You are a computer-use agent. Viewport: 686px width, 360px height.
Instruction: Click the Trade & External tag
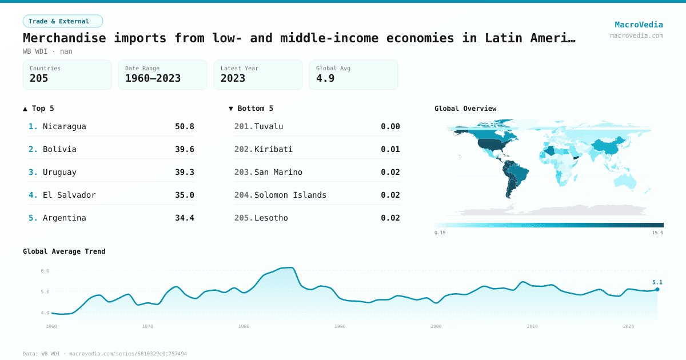point(63,21)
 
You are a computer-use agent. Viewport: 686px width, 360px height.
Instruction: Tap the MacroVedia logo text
point(639,25)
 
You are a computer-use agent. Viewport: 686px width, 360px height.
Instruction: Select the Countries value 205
point(39,78)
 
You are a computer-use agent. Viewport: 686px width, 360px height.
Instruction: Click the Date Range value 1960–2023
point(153,78)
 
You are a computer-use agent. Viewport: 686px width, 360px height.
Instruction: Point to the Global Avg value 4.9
point(324,78)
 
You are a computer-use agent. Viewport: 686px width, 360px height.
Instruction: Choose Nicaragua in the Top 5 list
point(64,126)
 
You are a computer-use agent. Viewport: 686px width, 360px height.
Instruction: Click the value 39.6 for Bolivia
point(184,149)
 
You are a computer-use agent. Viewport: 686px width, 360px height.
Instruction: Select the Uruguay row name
point(59,172)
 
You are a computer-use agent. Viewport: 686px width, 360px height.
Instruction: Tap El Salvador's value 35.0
point(184,195)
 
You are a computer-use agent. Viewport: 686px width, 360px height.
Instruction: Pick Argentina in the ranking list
point(64,218)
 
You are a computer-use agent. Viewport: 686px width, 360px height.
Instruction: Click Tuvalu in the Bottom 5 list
point(269,126)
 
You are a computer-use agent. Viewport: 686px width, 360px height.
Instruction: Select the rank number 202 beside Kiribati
point(243,149)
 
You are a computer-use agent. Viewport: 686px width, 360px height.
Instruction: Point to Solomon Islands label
point(290,195)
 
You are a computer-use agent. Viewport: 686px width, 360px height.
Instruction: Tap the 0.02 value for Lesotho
point(390,218)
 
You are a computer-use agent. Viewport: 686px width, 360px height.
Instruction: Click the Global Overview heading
point(465,109)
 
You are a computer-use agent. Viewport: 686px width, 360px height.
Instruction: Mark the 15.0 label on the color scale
point(657,233)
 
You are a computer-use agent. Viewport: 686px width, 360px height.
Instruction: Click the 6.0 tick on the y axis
point(45,271)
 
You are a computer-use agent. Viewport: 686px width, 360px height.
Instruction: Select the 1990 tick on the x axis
point(340,326)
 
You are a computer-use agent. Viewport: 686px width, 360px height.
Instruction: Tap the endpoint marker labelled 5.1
point(657,289)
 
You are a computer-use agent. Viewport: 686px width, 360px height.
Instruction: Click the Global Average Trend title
point(64,251)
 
